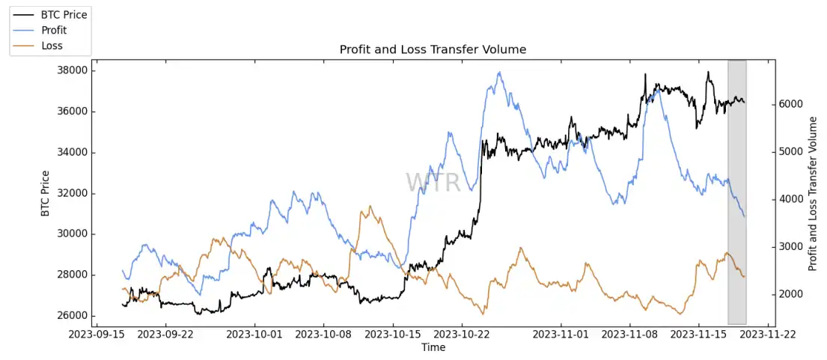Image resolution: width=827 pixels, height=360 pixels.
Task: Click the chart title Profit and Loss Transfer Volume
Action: click(433, 49)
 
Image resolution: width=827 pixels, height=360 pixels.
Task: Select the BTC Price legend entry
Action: click(64, 14)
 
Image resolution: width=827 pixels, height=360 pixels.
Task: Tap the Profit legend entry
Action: click(54, 30)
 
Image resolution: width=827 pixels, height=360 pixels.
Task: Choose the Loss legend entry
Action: click(52, 46)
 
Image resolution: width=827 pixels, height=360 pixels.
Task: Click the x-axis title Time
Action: click(433, 347)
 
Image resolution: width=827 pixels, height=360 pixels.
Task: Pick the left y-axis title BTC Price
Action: click(46, 193)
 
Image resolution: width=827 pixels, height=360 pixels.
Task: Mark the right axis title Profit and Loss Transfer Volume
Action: click(814, 193)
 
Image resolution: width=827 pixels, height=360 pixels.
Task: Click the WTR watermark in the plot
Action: click(433, 182)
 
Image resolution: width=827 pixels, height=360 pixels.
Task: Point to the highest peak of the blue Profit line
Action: click(499, 73)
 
